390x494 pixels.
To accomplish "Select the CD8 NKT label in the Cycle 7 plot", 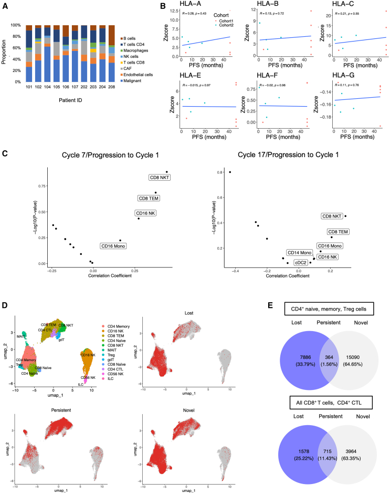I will point(157,178).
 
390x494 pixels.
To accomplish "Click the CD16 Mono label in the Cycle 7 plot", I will point(114,245).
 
